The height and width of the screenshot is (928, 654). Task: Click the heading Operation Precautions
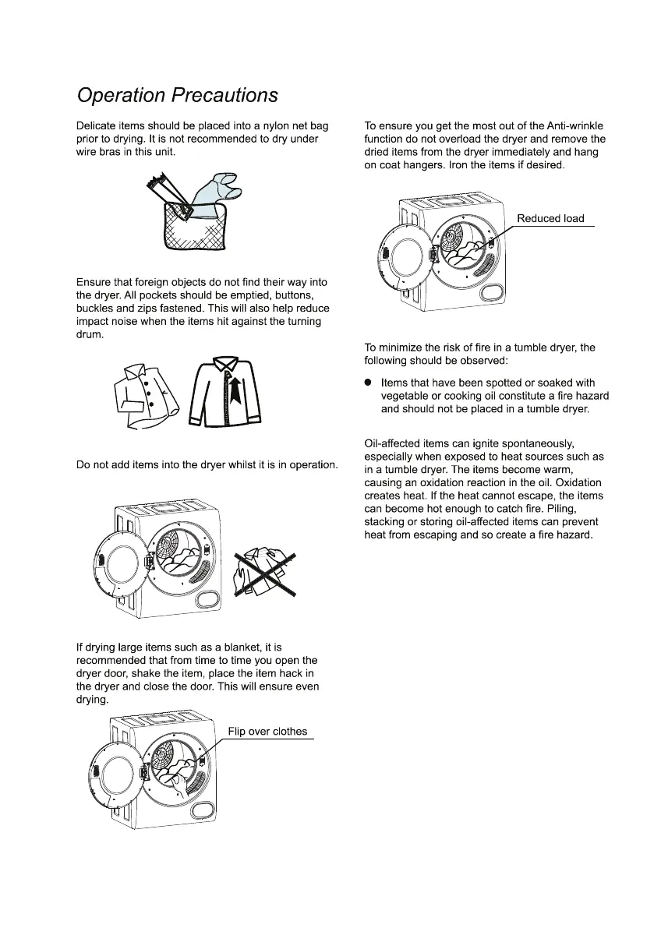point(177,95)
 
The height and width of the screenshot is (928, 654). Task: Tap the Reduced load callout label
point(550,218)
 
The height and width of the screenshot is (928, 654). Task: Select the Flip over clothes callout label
point(267,732)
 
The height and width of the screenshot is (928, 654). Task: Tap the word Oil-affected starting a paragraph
point(397,443)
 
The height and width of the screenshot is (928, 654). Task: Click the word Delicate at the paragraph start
point(98,125)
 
